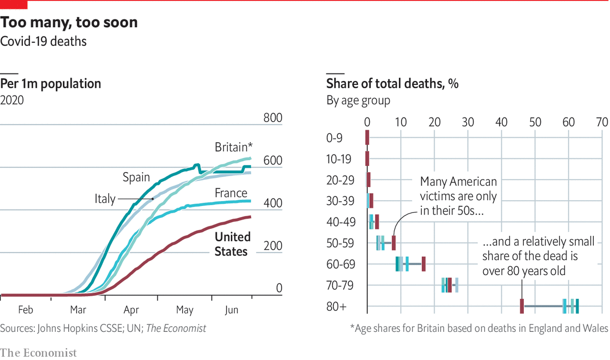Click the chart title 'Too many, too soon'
tap(69, 22)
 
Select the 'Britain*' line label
tap(233, 147)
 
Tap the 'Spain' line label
tap(136, 177)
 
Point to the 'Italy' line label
tap(105, 198)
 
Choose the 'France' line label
tap(231, 193)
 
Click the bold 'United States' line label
tap(232, 244)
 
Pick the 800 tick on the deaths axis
tap(273, 118)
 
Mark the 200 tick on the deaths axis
tap(273, 246)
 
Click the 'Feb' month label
tap(26, 310)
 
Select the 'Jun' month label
tap(231, 310)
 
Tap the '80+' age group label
tap(336, 307)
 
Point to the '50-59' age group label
tap(340, 243)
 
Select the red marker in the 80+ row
tap(522, 306)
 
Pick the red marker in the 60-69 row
tap(424, 264)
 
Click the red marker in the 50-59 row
tap(394, 243)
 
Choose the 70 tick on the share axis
tap(602, 122)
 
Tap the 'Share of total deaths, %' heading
tap(392, 84)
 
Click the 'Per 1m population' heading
tap(51, 84)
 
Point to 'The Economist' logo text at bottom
tap(38, 353)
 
